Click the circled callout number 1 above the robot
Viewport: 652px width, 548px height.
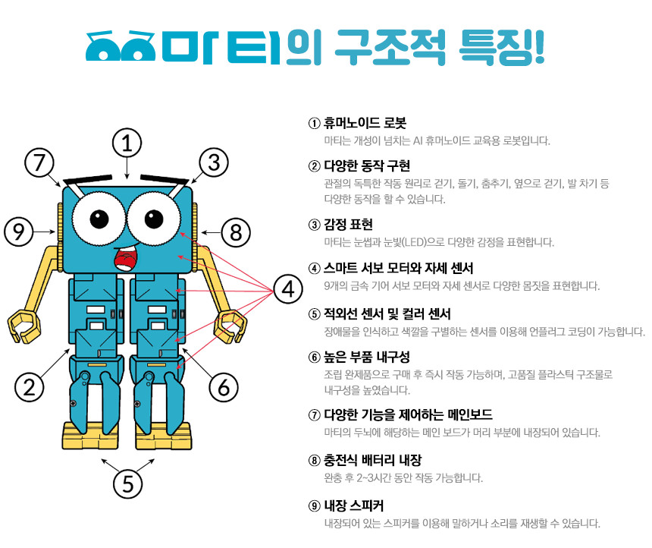127,143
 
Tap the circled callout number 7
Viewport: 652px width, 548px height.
39,162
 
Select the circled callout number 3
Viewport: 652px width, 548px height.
214,162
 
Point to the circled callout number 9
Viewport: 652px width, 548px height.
19,231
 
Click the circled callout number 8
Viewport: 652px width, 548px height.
236,232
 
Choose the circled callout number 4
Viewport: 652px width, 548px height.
288,288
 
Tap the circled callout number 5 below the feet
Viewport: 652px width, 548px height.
127,483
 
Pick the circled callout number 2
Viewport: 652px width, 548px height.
29,387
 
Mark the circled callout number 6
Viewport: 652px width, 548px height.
224,388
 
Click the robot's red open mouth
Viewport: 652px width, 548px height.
126,259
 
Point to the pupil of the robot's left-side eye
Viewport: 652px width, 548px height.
99,219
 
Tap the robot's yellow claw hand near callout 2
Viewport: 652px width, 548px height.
24,326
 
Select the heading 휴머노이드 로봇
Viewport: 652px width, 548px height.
365,123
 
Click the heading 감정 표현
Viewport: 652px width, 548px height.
349,225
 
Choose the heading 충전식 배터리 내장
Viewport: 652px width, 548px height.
373,460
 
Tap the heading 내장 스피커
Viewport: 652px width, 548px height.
354,505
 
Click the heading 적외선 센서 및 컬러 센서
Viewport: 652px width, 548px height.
387,313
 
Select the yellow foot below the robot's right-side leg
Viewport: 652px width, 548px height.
164,436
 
